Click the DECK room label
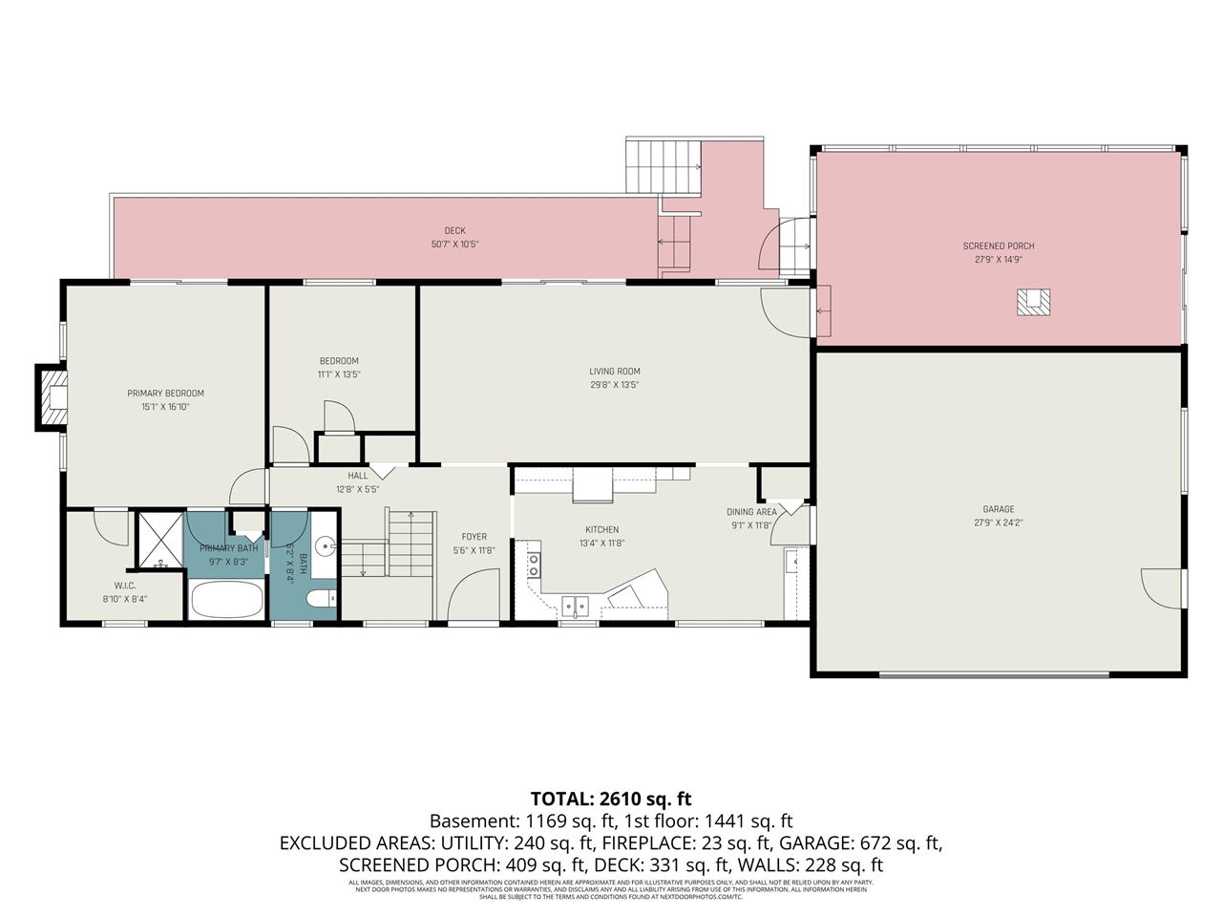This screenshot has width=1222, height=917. [454, 231]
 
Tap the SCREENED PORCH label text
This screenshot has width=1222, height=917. [999, 246]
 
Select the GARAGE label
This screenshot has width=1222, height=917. [999, 509]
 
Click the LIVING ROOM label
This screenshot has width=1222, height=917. [614, 372]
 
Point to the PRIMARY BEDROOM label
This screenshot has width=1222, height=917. [166, 394]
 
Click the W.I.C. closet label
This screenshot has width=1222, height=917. [125, 586]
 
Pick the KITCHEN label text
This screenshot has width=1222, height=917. [601, 529]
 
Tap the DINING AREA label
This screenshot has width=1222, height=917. [751, 512]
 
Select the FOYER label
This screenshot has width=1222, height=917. [474, 537]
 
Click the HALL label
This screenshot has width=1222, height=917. [357, 476]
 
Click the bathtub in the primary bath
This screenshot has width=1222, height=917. [227, 600]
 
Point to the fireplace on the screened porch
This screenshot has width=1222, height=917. [1033, 302]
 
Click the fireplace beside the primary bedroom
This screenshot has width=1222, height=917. [53, 395]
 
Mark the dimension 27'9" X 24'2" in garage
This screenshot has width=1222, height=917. [999, 522]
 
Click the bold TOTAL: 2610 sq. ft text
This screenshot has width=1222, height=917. [611, 799]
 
